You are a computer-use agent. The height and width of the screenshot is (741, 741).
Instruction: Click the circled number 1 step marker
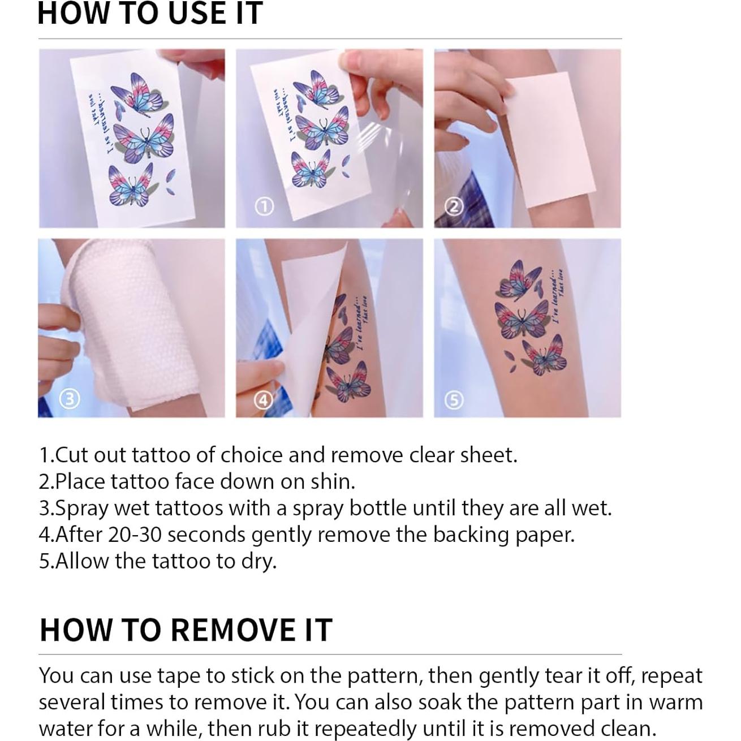pos(264,208)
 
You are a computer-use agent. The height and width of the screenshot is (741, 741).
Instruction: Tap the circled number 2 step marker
pos(454,208)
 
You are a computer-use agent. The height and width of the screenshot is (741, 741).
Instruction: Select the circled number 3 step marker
pos(69,399)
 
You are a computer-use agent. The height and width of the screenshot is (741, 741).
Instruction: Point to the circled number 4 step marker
pos(263,400)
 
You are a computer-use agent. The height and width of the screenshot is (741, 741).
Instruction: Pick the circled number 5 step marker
pos(454,400)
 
